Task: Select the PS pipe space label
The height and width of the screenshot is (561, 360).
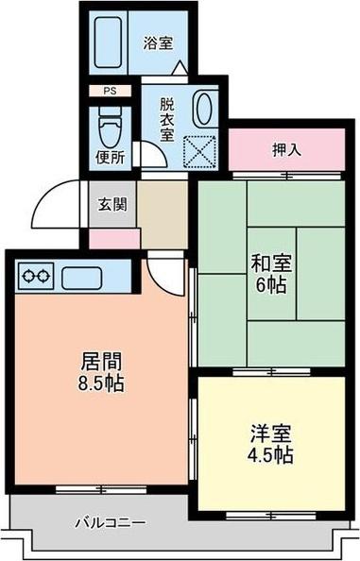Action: [111, 91]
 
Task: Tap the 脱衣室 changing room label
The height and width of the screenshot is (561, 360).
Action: [166, 120]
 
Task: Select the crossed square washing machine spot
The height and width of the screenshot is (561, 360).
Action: [201, 148]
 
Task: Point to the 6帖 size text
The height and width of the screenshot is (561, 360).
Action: [271, 285]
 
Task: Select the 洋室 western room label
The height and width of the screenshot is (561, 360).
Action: [269, 434]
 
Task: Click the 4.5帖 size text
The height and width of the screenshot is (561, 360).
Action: [269, 455]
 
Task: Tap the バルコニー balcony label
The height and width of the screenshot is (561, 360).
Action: [111, 521]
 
